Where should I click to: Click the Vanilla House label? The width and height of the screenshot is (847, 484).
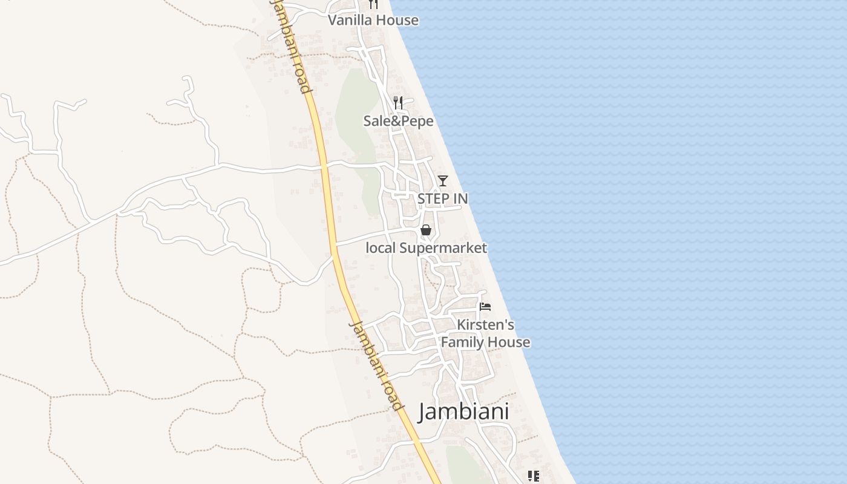(373, 20)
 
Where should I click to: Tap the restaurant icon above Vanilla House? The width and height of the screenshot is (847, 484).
(373, 4)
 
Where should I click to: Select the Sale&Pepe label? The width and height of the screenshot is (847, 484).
(398, 121)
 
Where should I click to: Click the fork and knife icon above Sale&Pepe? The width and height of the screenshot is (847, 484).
(397, 102)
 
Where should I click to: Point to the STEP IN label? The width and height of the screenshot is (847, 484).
(442, 198)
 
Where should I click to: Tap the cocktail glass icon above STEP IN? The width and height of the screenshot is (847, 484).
(443, 180)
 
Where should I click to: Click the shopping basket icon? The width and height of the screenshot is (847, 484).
(426, 230)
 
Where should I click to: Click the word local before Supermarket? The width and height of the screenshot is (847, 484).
(380, 248)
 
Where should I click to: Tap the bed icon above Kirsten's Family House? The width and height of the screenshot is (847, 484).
(485, 307)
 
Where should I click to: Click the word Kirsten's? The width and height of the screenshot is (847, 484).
(485, 325)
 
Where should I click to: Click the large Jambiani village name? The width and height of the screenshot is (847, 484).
(463, 412)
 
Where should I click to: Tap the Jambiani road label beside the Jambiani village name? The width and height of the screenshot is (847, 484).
(376, 365)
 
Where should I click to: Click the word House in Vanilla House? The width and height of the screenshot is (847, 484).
(396, 20)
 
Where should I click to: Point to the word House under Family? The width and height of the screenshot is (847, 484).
(509, 342)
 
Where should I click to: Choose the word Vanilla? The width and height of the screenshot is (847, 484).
(348, 20)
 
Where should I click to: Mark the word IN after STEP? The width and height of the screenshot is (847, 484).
(460, 198)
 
